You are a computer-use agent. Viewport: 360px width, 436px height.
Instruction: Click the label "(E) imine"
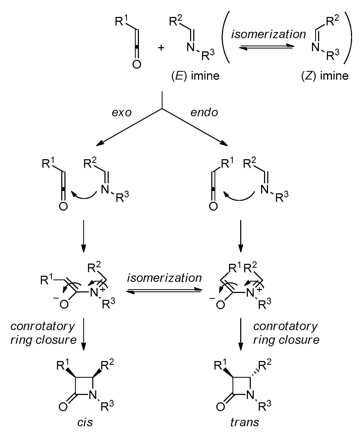pyautogui.click(x=195, y=76)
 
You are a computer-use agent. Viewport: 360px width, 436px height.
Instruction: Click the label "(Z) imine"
pyautogui.click(x=325, y=76)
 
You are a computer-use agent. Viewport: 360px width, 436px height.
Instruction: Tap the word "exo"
pyautogui.click(x=122, y=113)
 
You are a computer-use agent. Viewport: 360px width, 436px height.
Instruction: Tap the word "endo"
pyautogui.click(x=204, y=113)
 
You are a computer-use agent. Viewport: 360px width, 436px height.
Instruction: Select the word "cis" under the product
pyautogui.click(x=85, y=422)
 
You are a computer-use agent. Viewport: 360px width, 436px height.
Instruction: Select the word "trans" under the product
pyautogui.click(x=245, y=422)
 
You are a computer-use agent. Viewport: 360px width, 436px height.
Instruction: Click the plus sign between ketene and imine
pyautogui.click(x=161, y=48)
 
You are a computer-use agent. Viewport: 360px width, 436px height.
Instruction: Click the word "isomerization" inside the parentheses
pyautogui.click(x=269, y=34)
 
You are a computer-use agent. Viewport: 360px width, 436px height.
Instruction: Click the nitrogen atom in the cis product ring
pyautogui.click(x=92, y=395)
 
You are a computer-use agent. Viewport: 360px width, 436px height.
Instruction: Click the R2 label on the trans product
pyautogui.click(x=265, y=366)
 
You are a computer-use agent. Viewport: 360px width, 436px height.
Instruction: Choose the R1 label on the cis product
pyautogui.click(x=63, y=366)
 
